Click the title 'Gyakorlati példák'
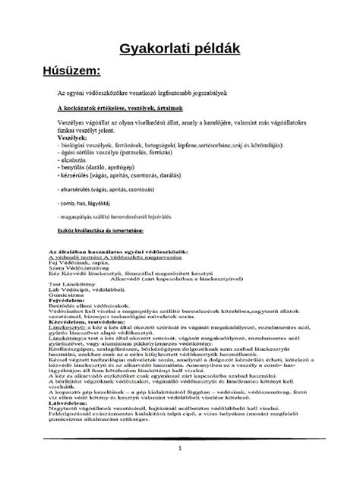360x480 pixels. coord(180,49)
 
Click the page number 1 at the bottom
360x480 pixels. coord(180,447)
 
